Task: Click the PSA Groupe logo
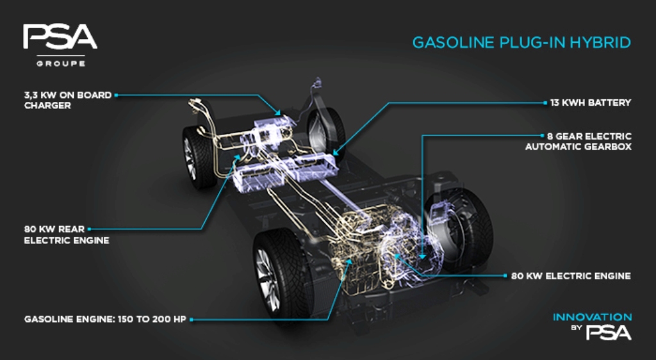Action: point(60,45)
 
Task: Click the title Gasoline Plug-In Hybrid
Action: point(521,43)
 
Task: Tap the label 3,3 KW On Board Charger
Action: point(68,101)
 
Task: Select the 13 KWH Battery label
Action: point(590,103)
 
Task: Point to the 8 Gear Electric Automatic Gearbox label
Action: point(578,142)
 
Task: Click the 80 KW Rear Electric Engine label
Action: point(67,234)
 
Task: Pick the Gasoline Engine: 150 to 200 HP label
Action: point(105,320)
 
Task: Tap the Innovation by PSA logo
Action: point(593,326)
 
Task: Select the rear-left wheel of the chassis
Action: point(199,157)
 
